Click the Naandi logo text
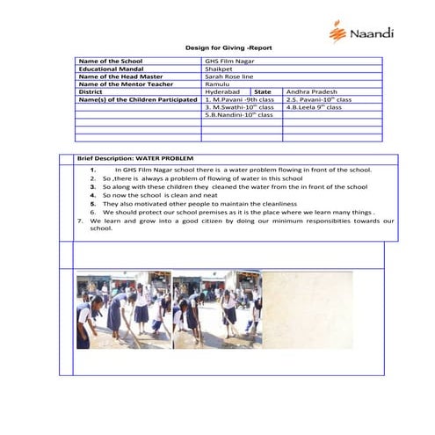[x=373, y=33]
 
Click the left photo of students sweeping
[x=123, y=309]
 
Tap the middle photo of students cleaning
[x=216, y=309]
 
